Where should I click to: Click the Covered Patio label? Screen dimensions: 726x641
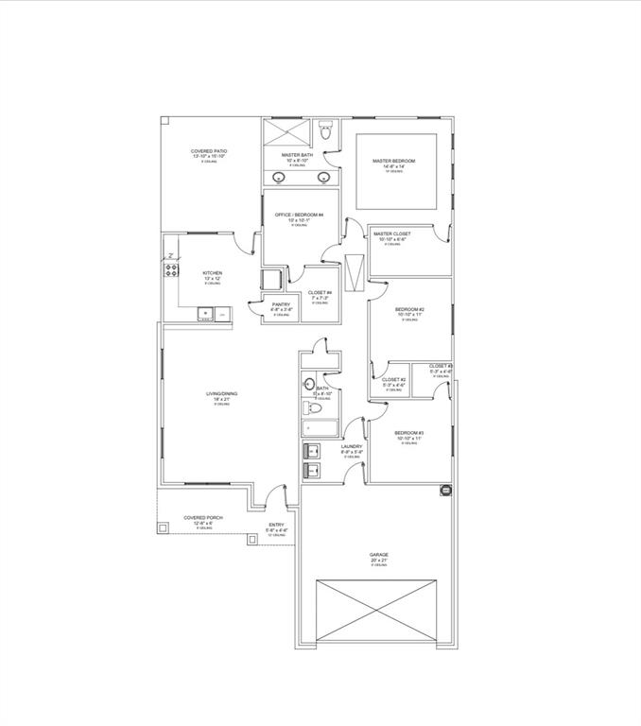coord(209,151)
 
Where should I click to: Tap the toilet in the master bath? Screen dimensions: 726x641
coord(325,133)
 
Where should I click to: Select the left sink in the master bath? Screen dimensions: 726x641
coord(281,178)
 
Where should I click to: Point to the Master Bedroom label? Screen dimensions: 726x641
coord(394,162)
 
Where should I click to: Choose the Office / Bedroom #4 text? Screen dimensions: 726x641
coord(300,215)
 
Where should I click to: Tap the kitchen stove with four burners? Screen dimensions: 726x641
coord(172,271)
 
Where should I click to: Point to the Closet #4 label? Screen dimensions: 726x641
coord(320,293)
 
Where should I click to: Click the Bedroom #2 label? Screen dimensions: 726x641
coord(409,310)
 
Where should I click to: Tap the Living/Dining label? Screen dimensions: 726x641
coord(220,396)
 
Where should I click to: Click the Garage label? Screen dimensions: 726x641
coord(378,555)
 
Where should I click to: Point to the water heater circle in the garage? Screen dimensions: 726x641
coord(444,491)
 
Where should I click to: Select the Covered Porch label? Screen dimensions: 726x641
coord(203,518)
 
